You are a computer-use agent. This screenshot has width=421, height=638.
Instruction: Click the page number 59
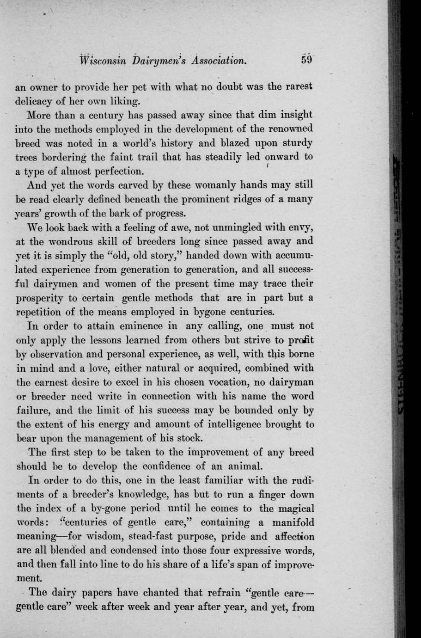[307, 60]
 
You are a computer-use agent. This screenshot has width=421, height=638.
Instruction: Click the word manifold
[291, 522]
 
